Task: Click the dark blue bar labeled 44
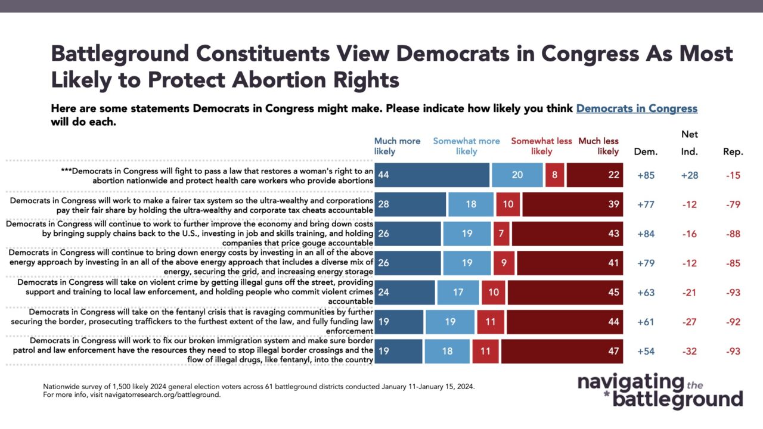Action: coord(432,175)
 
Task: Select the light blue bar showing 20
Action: coord(517,175)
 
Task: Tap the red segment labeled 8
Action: coord(554,175)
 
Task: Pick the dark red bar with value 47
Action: coord(562,351)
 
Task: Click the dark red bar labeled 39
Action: coord(573,204)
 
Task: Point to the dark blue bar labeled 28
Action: coord(410,204)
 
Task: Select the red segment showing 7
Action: coord(501,234)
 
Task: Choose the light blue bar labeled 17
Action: coord(458,292)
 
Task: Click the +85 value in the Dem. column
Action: coord(646,175)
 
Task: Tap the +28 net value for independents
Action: coord(690,175)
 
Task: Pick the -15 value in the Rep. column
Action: coord(733,175)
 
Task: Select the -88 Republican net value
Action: coord(733,234)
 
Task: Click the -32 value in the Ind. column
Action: coord(690,351)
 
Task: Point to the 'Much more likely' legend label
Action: coord(397,146)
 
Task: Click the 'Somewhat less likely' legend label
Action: coord(541,146)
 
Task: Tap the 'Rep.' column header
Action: coord(733,152)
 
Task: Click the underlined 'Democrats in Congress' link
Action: coord(637,108)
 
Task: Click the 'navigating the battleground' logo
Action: coord(660,391)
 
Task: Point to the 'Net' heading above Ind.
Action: coord(690,135)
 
